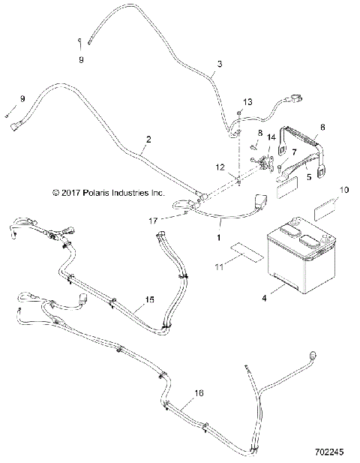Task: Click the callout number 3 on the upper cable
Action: [219, 65]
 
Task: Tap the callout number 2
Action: [148, 139]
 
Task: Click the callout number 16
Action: [198, 392]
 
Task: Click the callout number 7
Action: [293, 152]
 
